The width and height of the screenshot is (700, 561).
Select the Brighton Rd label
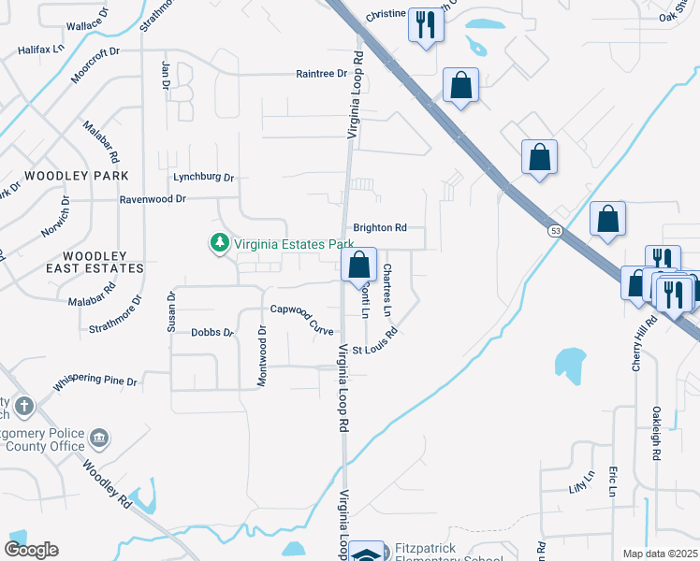tap(379, 227)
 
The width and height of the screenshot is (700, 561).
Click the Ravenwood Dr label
tap(153, 199)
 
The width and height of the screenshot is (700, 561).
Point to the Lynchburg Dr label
tap(203, 177)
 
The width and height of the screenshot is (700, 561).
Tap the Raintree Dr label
tap(321, 74)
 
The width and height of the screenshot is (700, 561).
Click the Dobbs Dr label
tap(211, 332)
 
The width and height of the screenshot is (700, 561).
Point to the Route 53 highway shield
tap(555, 230)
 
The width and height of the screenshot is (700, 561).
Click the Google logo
tap(31, 549)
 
